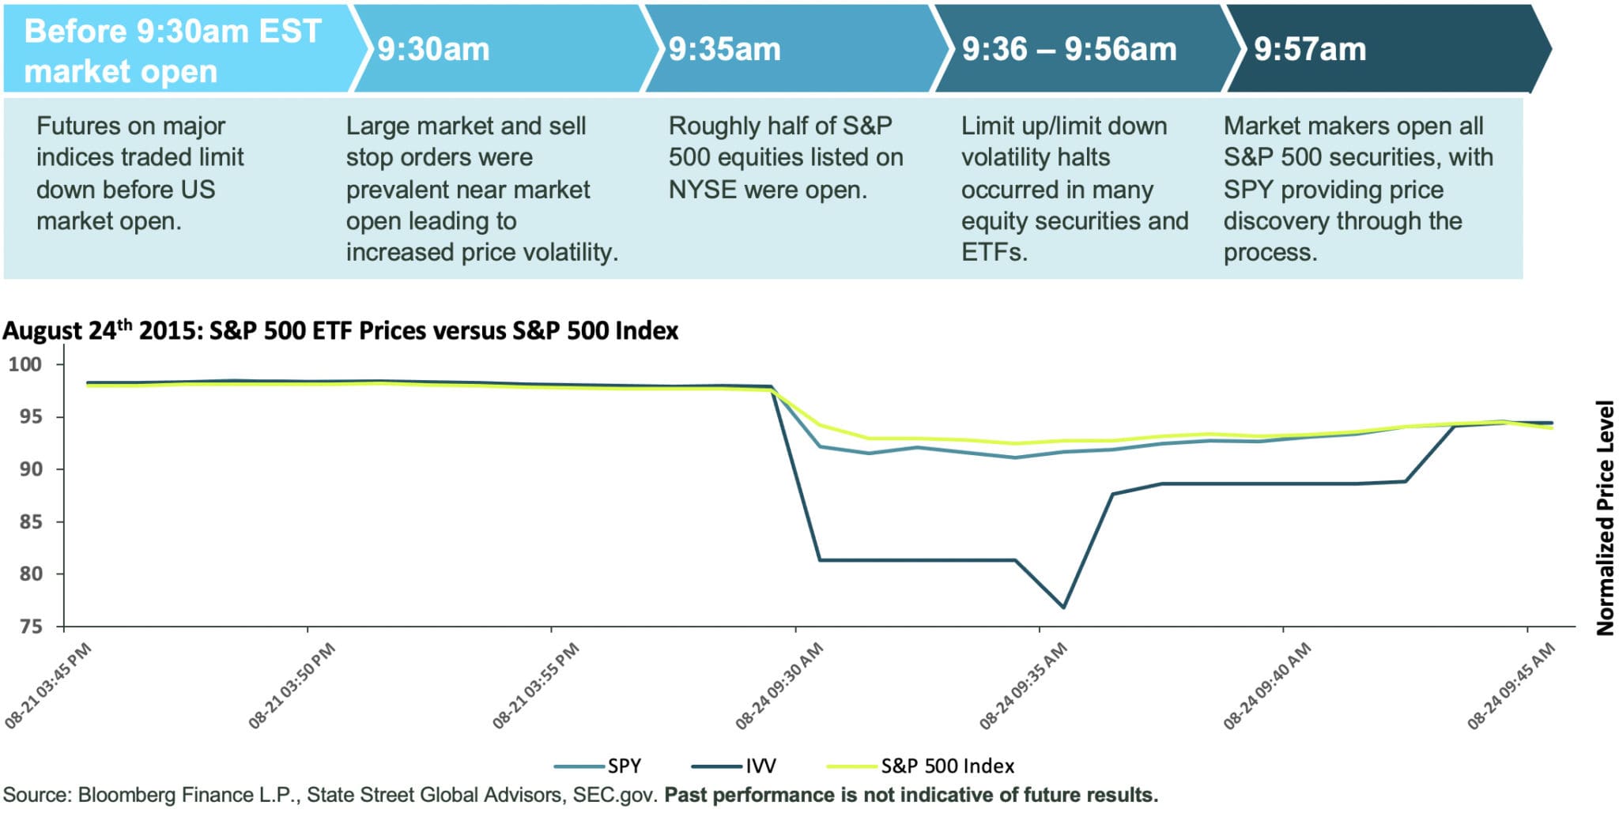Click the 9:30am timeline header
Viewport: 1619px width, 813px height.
(x=433, y=49)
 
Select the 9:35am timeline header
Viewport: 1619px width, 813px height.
(x=724, y=49)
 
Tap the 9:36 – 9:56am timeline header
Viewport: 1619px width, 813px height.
(x=1069, y=49)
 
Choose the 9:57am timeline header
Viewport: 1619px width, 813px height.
(x=1310, y=49)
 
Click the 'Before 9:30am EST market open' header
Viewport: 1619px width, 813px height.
(x=172, y=51)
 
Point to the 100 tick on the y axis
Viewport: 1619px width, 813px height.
(x=25, y=364)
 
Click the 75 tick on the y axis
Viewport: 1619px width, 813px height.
(x=31, y=627)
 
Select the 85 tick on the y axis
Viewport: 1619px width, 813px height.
(x=31, y=521)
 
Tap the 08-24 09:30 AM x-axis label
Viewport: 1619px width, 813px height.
(x=779, y=686)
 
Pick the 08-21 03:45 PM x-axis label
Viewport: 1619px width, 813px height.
(x=47, y=686)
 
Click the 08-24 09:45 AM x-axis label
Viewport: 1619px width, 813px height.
(x=1511, y=686)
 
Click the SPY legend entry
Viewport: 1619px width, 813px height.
(x=624, y=766)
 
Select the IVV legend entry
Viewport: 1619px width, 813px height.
(x=760, y=766)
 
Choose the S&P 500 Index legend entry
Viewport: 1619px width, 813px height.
(x=947, y=766)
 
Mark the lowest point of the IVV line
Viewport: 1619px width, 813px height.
(x=1063, y=608)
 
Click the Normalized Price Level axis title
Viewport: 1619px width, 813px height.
(x=1605, y=518)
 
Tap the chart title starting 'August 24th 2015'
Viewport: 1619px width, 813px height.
(x=340, y=330)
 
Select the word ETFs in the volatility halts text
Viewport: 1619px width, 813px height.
(x=994, y=253)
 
